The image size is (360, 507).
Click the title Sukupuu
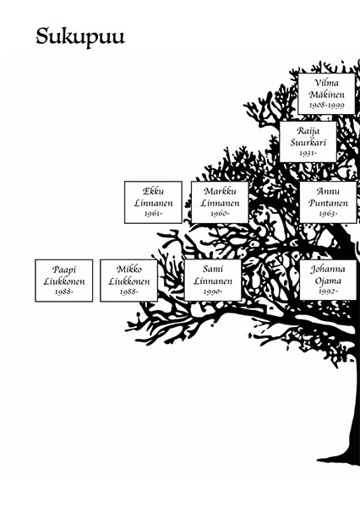pyautogui.click(x=80, y=37)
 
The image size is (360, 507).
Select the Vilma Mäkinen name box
pyautogui.click(x=326, y=94)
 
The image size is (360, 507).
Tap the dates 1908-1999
pyautogui.click(x=327, y=105)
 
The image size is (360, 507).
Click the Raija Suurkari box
pyautogui.click(x=308, y=142)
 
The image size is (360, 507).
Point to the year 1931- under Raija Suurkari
pyautogui.click(x=308, y=153)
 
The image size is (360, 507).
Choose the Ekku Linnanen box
pyautogui.click(x=153, y=202)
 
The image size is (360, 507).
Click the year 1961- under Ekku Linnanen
pyautogui.click(x=153, y=214)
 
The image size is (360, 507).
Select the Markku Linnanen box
pyautogui.click(x=220, y=202)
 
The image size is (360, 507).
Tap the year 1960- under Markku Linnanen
pyautogui.click(x=220, y=214)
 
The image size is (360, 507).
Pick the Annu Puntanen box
pyautogui.click(x=328, y=202)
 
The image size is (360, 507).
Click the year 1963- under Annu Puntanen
pyautogui.click(x=328, y=214)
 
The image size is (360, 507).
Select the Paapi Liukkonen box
pyautogui.click(x=64, y=281)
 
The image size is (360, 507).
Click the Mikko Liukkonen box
pyautogui.click(x=128, y=281)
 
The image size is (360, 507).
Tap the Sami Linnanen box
pyautogui.click(x=213, y=280)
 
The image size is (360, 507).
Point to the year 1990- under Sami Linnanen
pyautogui.click(x=213, y=292)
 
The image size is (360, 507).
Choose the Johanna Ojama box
pyautogui.click(x=328, y=280)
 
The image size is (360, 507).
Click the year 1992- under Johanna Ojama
pyautogui.click(x=328, y=292)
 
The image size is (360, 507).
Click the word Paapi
pyautogui.click(x=64, y=270)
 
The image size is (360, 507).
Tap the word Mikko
pyautogui.click(x=129, y=269)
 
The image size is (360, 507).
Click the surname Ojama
pyautogui.click(x=328, y=281)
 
